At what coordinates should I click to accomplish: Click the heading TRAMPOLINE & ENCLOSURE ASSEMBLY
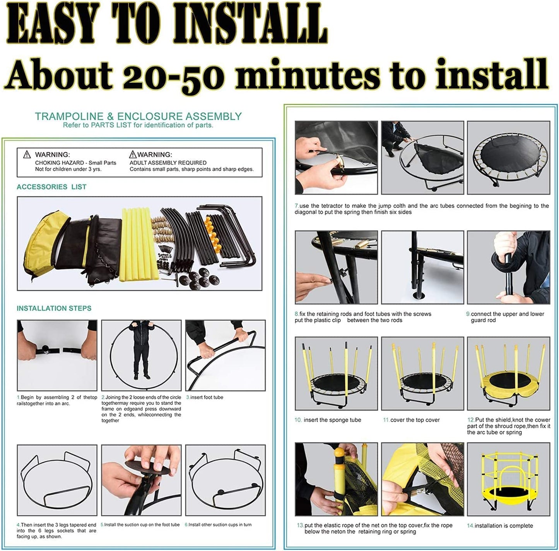(x=138, y=116)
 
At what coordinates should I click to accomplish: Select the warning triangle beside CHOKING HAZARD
(x=27, y=154)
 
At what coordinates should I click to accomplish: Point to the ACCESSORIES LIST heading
(x=51, y=187)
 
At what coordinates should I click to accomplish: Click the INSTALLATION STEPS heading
(x=54, y=308)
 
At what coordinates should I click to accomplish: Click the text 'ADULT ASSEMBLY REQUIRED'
(x=168, y=163)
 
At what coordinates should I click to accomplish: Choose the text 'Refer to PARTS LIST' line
(x=138, y=125)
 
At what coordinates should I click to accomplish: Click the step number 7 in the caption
(x=296, y=206)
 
